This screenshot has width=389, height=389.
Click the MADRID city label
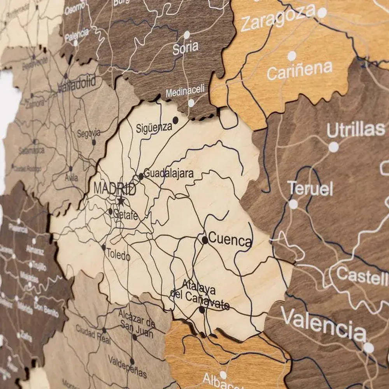pyautogui.click(x=115, y=189)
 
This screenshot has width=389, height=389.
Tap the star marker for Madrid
pyautogui.click(x=121, y=201)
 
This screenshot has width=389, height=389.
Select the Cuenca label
pyautogui.click(x=230, y=240)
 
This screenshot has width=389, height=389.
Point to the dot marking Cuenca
pyautogui.click(x=205, y=240)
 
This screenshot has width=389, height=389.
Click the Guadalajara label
pyautogui.click(x=168, y=173)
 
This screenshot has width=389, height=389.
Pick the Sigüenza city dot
pyautogui.click(x=175, y=120)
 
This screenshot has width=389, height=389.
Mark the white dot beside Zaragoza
pyautogui.click(x=322, y=13)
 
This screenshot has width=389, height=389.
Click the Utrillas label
pyautogui.click(x=356, y=130)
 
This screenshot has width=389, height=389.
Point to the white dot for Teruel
pyautogui.click(x=293, y=204)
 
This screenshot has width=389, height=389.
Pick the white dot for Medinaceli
pyautogui.click(x=191, y=103)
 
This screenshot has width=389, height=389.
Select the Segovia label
pyautogui.click(x=89, y=133)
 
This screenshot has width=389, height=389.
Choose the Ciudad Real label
pyautogui.click(x=93, y=335)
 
